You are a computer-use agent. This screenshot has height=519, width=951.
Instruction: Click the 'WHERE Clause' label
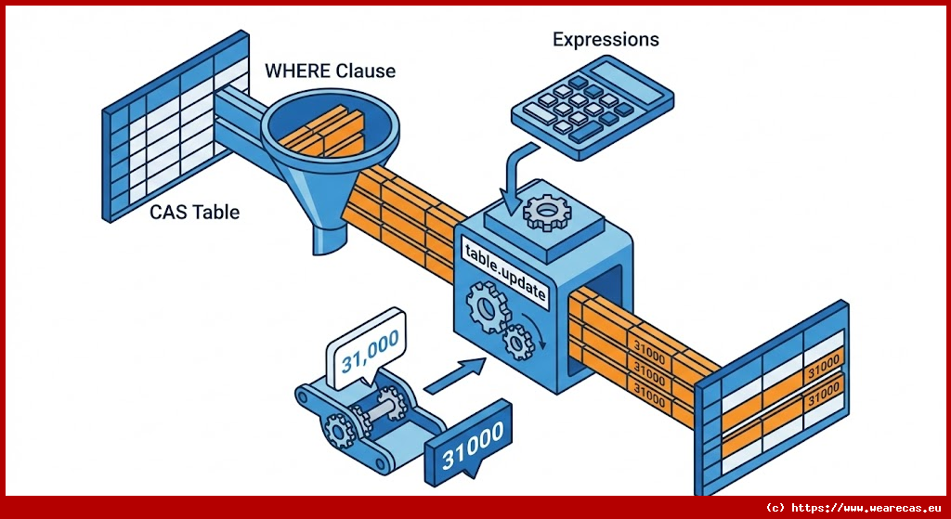click(x=330, y=71)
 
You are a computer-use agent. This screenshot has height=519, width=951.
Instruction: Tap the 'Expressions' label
click(x=606, y=40)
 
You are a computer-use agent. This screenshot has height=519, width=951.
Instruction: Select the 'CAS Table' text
click(x=194, y=213)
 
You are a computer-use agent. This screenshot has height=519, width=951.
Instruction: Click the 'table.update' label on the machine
click(x=505, y=270)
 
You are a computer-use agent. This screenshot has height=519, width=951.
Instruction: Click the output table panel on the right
click(x=775, y=399)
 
